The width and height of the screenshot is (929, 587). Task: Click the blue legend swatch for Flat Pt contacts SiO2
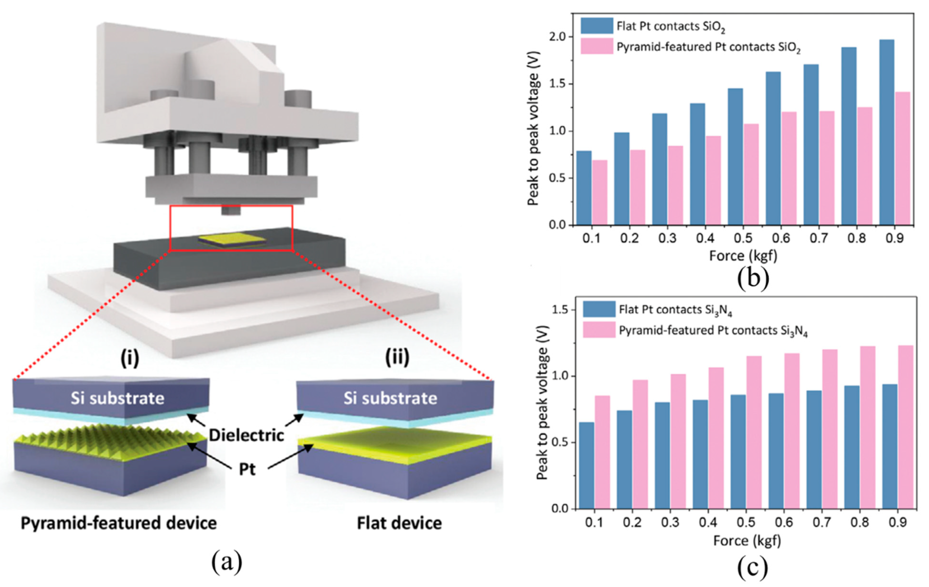click(x=596, y=26)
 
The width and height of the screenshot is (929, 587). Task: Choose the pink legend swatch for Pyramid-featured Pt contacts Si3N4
click(x=599, y=330)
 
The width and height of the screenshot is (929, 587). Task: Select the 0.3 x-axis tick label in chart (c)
click(x=670, y=522)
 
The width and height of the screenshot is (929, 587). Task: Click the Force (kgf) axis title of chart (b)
click(x=743, y=256)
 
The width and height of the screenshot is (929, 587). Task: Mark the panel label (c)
click(x=752, y=566)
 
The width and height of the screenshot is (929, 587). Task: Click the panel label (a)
click(x=227, y=562)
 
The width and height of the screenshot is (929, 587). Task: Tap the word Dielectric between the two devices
click(x=246, y=435)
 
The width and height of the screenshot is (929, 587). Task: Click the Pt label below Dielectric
click(x=247, y=470)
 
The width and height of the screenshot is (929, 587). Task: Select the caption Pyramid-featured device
click(x=118, y=523)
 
